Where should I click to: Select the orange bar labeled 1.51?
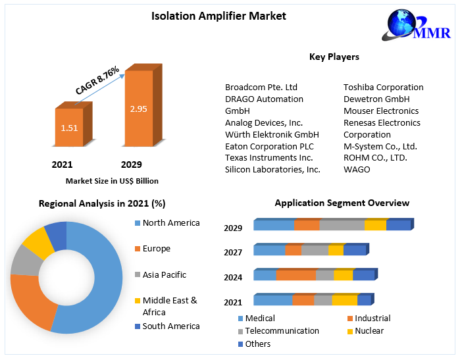[69, 128]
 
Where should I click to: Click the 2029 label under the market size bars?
[131, 165]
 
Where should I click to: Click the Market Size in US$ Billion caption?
[112, 180]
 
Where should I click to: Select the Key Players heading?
[334, 57]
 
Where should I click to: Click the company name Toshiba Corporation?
[383, 87]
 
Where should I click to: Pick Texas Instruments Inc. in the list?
[269, 157]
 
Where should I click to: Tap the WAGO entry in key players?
[357, 169]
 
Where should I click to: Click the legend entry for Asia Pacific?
[164, 274]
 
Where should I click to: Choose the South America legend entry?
[170, 326]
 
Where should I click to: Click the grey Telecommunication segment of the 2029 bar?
[342, 226]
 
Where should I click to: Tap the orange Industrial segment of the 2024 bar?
[295, 275]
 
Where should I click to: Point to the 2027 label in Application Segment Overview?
[233, 252]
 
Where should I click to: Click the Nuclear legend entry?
[369, 330]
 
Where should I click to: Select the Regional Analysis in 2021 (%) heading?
[102, 203]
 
